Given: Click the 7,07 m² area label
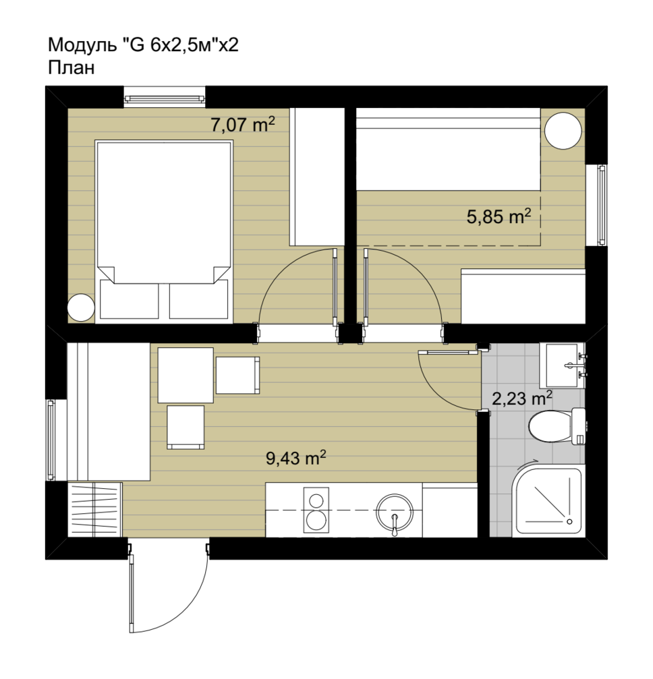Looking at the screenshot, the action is point(243,125).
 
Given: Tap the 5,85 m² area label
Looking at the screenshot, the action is point(499,216).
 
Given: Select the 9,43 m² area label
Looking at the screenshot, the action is point(296,458).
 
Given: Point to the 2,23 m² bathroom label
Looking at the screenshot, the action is point(521,398).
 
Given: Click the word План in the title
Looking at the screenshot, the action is point(71,68).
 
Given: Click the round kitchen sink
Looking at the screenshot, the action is point(395,512).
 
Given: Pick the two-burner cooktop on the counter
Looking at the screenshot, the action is point(316,510).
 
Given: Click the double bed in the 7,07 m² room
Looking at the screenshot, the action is point(164,231).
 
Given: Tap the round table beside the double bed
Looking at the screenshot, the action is point(80,307).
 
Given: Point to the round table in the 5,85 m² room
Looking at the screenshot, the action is point(563,130).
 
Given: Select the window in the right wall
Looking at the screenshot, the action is point(602,205).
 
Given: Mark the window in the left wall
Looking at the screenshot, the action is point(51,440).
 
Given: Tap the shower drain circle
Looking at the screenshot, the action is point(569,521).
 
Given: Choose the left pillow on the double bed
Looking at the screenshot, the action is point(129,299).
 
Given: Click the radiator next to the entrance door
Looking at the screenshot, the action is point(94,510).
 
